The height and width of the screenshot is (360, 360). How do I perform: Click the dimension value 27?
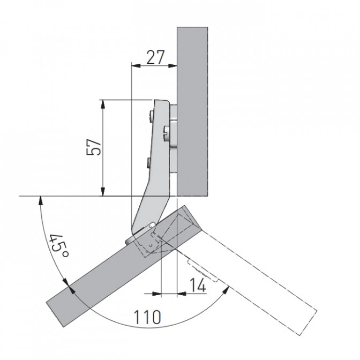pyautogui.click(x=156, y=57)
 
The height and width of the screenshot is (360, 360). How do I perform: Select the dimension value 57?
pyautogui.click(x=94, y=147)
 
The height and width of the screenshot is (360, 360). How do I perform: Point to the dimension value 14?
pyautogui.click(x=198, y=285)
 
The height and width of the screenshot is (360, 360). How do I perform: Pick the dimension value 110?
pyautogui.click(x=147, y=317)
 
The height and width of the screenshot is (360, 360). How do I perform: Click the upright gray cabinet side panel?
pyautogui.click(x=192, y=112)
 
